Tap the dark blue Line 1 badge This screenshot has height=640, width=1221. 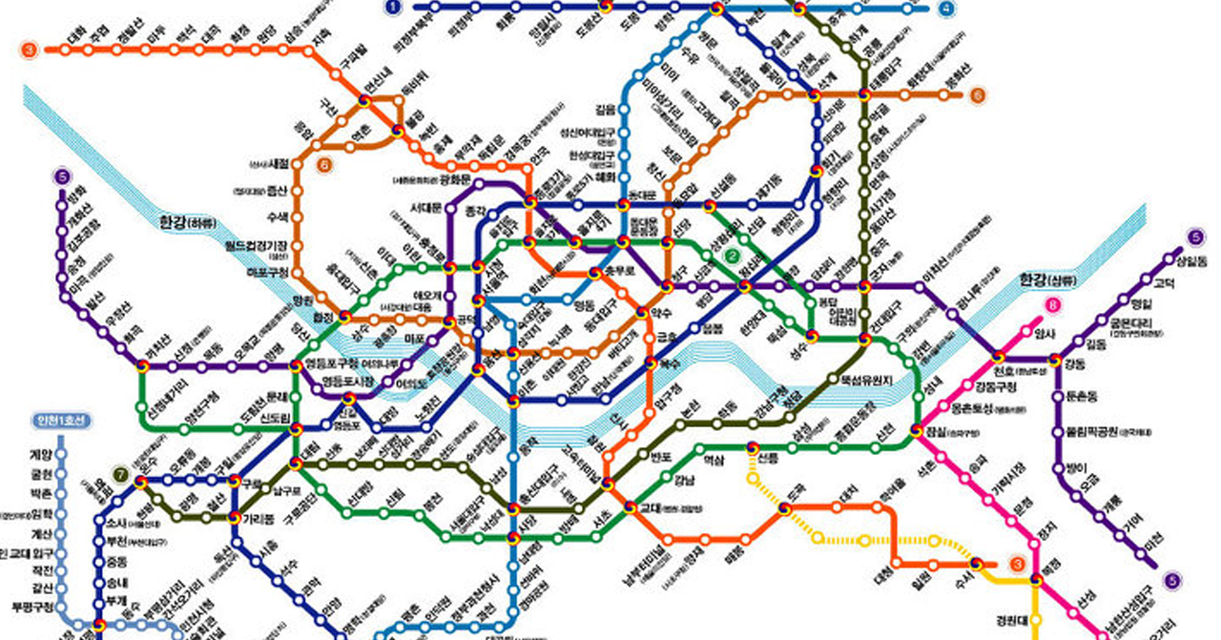(x=392, y=8)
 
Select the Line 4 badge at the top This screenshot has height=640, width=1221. (x=946, y=9)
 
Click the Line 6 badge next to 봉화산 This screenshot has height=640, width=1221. (x=977, y=95)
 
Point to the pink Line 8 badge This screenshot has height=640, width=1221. (x=1052, y=306)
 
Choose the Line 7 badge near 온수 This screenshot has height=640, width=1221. (x=120, y=474)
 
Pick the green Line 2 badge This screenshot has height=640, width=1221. (x=733, y=256)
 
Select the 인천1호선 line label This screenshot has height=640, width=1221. (x=60, y=422)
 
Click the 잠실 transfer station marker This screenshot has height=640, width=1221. (x=918, y=430)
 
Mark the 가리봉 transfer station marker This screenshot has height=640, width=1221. (x=235, y=517)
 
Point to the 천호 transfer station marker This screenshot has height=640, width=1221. (x=999, y=359)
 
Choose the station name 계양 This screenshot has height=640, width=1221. (x=39, y=455)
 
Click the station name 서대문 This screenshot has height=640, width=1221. (x=426, y=208)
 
